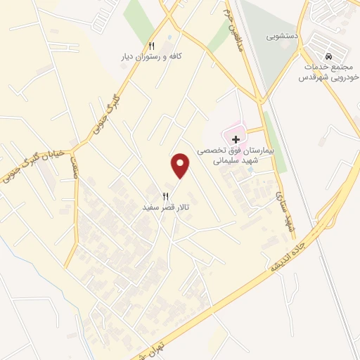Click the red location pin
click(x=181, y=165)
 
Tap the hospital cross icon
click(x=236, y=139)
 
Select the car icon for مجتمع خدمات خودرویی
click(x=328, y=56)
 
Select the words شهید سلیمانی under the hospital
click(x=237, y=161)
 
